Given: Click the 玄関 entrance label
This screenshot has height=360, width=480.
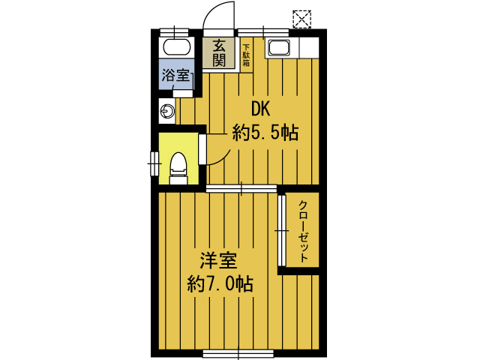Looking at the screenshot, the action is coord(219,53).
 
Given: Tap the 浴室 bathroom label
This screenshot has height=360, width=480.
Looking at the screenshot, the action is coord(175,75).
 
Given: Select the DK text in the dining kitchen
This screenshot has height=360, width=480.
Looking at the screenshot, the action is coord(260,109).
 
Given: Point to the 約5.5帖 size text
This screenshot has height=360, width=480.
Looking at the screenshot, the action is coord(265,132).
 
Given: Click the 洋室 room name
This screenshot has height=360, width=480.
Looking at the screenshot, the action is coord(218,260).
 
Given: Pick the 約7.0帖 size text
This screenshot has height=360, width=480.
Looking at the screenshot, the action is coord(220,283).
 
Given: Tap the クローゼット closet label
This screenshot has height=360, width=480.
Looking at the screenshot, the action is coord(303,231).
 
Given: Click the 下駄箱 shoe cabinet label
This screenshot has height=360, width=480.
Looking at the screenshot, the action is coord(246,55).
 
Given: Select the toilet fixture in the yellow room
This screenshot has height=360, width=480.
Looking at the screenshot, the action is coord(178,169).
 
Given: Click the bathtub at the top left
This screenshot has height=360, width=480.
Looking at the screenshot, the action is coord(177,47).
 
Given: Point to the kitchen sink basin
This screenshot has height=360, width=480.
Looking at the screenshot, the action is coord(279,48).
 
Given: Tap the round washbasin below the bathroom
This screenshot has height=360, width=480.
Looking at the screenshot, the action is coord(167,110).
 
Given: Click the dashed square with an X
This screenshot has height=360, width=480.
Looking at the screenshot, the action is coord(301,19).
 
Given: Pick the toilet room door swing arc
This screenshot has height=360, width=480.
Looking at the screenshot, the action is coord(223,158).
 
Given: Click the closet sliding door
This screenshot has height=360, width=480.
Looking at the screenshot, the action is coord(282,230).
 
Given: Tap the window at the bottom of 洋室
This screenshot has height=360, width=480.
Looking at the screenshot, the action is coord(238,353).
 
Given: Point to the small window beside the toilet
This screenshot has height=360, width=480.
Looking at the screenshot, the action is coord(154,163).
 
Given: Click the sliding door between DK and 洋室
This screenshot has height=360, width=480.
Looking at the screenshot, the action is coord(241,188).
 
